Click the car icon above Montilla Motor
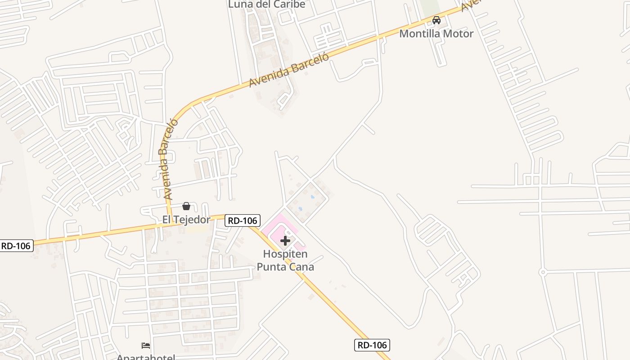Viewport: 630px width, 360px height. (x=436, y=20)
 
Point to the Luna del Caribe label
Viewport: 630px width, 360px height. (x=267, y=4)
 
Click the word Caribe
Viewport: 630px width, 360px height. (x=290, y=4)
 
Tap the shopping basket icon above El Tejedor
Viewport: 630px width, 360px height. (x=186, y=206)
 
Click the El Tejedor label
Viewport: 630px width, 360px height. (x=186, y=220)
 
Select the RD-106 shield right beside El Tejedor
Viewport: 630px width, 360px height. (x=243, y=220)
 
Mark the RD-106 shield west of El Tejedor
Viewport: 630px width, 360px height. (x=16, y=246)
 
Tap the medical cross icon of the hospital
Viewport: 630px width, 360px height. (x=285, y=241)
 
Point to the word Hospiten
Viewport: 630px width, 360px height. (x=285, y=255)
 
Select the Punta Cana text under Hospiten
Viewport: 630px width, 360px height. (x=285, y=267)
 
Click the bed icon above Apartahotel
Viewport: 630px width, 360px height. (x=146, y=346)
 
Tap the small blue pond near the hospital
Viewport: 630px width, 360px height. (x=312, y=197)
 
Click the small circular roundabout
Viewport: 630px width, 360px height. (x=543, y=272)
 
